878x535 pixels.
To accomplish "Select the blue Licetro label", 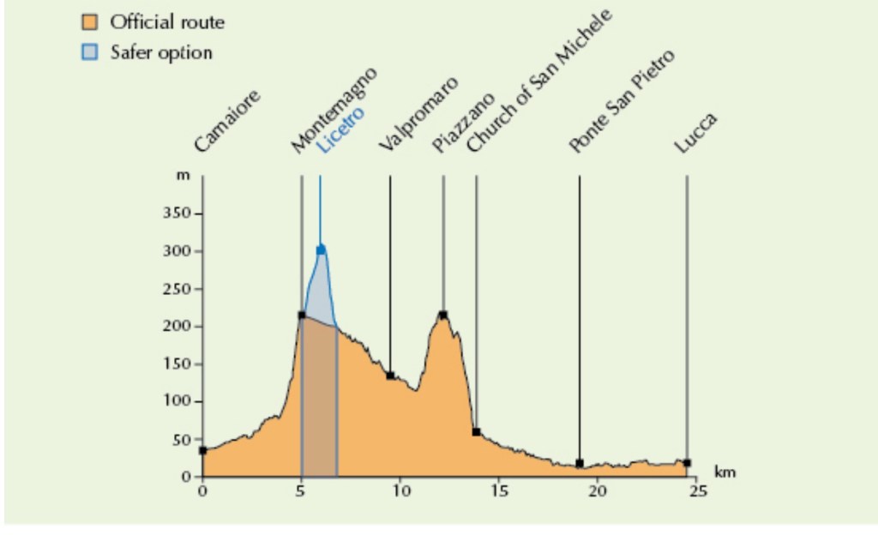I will [340, 129].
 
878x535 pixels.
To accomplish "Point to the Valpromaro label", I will [418, 114].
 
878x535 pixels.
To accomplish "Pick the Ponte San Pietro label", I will [622, 101].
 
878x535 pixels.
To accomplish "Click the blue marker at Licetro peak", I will [321, 249].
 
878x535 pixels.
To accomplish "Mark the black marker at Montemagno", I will [302, 316].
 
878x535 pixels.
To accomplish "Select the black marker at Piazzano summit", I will [443, 315].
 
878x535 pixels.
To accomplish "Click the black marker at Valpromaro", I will [390, 376].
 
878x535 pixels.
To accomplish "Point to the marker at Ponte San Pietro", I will [580, 463].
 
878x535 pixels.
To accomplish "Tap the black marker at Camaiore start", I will [202, 450].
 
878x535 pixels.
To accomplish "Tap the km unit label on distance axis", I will [725, 472].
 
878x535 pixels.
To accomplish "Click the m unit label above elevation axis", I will [182, 177].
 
